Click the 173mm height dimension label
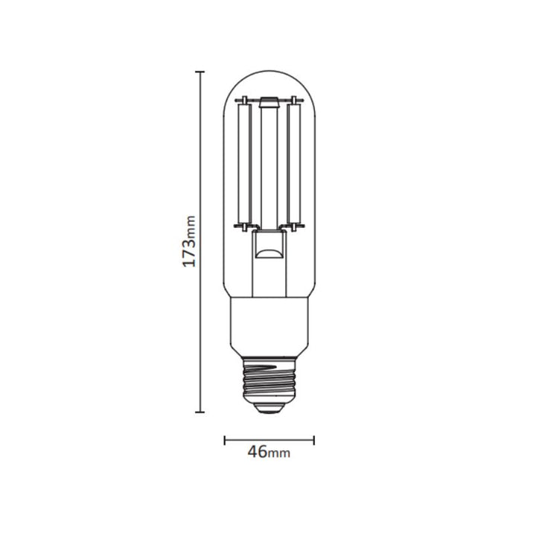189,241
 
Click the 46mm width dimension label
269,452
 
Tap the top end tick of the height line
200,71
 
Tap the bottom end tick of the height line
200,412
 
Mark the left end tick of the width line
224,440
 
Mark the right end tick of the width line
314,440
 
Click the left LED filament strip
245,164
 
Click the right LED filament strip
293,164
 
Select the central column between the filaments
269,168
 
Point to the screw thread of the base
269,380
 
